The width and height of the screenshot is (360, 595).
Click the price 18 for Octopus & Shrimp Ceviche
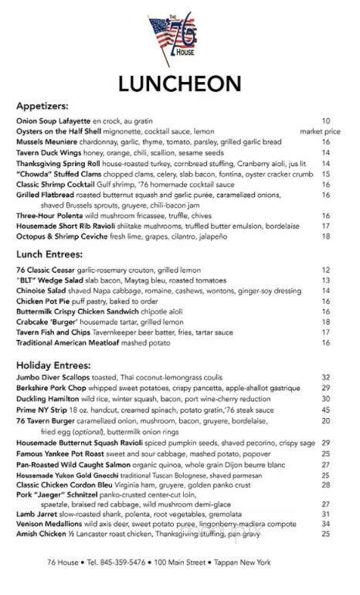pos(326,236)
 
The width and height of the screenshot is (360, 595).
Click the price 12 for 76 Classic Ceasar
pos(326,270)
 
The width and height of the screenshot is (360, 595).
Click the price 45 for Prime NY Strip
pos(326,410)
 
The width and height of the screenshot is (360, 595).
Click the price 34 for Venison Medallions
pos(326,545)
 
